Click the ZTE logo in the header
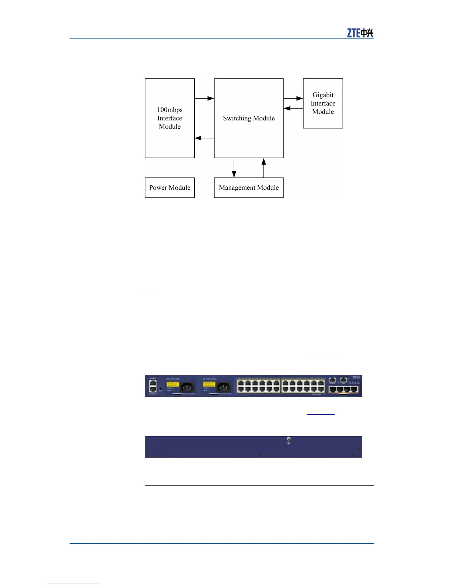pos(360,33)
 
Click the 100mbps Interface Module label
pos(170,118)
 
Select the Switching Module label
pos(249,118)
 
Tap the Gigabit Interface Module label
pos(323,103)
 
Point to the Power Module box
pos(170,188)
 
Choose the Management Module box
pos(249,188)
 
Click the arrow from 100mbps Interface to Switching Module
pos(204,98)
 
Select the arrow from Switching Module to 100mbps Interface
pos(204,138)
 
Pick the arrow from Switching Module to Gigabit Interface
pos(293,98)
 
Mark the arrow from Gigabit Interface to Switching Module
pos(293,109)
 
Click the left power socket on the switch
pos(187,387)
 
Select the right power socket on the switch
pos(224,387)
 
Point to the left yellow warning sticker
pos(172,384)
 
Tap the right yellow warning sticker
pos(209,384)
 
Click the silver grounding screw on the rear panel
pos(289,440)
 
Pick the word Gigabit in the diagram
pos(323,95)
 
